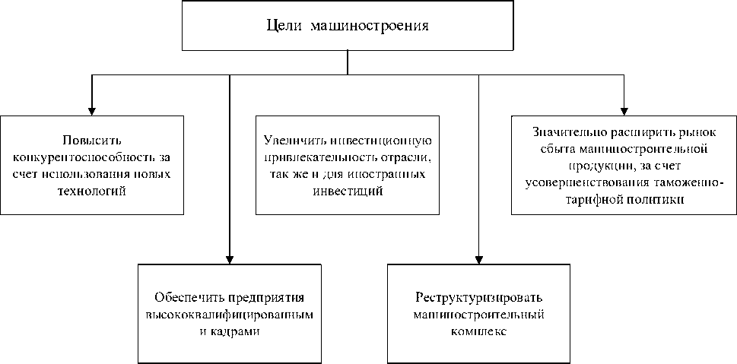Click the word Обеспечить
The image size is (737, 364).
tap(188, 297)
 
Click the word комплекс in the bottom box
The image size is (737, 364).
tap(478, 331)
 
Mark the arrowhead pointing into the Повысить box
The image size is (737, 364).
tap(91, 109)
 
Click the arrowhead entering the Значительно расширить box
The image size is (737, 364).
tap(624, 109)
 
